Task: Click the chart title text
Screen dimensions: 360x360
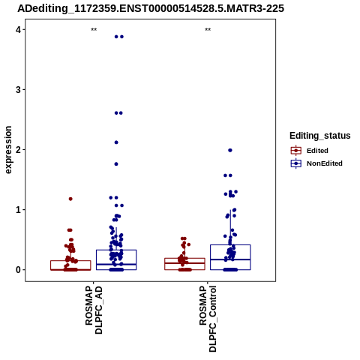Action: coord(151,9)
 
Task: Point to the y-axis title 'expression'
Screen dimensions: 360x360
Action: coord(8,150)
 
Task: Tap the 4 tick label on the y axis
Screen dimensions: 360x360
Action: coord(18,30)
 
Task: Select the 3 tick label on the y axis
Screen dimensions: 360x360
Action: coord(18,90)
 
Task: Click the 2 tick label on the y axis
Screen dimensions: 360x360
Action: coord(18,150)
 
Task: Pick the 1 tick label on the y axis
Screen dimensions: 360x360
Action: coord(18,210)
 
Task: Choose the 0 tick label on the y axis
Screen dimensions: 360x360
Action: coord(18,270)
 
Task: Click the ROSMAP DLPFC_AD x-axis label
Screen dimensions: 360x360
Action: coord(94,310)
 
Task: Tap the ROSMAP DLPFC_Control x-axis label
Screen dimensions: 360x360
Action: coord(208,319)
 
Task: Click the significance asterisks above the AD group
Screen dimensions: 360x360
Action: coord(94,30)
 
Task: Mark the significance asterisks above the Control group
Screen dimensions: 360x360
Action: coord(208,30)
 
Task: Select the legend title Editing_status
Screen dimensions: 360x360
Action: coord(320,136)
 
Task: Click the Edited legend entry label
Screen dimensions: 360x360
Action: coord(317,151)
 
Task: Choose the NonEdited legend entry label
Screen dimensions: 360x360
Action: coord(325,163)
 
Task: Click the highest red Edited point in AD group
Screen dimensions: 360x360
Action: coord(70,199)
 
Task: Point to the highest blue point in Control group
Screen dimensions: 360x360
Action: coord(230,150)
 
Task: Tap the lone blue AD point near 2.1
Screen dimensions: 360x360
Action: coord(116,142)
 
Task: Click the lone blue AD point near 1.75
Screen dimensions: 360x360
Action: coord(116,164)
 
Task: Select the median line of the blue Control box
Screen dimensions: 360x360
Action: coord(230,259)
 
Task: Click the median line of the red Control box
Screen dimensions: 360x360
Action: coord(184,263)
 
